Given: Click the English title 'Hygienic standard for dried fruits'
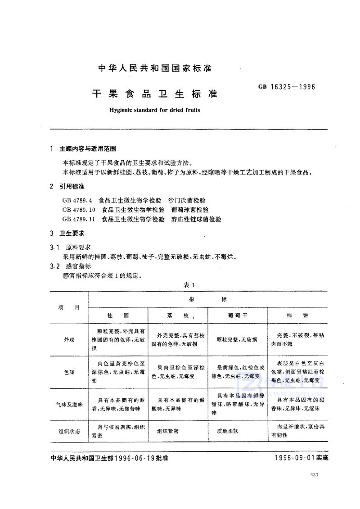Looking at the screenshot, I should tap(154, 110).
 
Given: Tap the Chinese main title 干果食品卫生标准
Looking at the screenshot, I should tap(154, 94).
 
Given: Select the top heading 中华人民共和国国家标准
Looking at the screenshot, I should tap(154, 69).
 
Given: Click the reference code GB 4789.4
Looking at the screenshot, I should tap(77, 200).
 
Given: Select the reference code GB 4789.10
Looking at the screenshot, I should tap(79, 210).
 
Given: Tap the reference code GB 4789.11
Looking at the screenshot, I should tap(79, 219).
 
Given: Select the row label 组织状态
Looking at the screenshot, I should tap(69, 431).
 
